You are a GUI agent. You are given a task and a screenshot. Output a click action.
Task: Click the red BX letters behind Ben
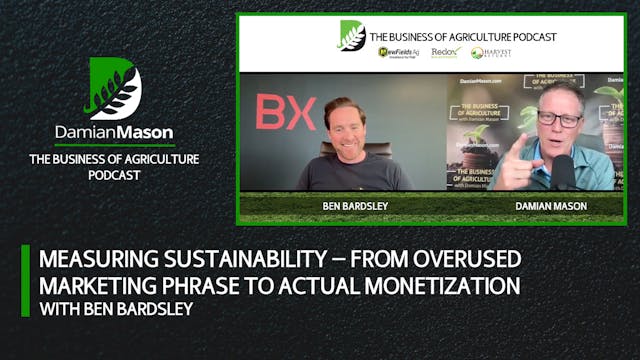coord(285,113)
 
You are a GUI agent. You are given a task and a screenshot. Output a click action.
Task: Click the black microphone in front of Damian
coord(563,170)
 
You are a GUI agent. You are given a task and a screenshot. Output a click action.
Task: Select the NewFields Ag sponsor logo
coord(397,52)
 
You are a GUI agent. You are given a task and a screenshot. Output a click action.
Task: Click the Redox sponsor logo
coord(444,52)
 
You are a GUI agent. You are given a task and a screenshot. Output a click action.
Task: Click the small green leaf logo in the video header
coord(351,35)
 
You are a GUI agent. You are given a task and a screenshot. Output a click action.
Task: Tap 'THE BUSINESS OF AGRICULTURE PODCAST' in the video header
coord(463,36)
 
